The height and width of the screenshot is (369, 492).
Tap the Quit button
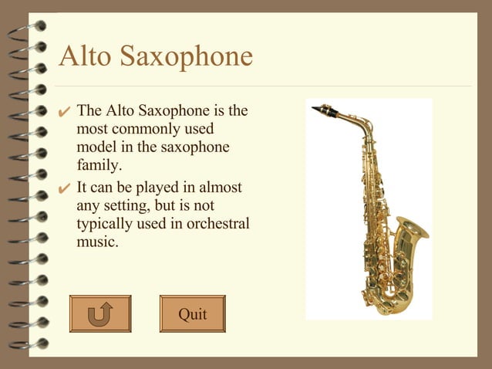click(x=193, y=313)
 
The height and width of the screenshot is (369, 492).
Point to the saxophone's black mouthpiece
click(x=329, y=112)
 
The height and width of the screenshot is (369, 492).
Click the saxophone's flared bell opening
click(x=412, y=228)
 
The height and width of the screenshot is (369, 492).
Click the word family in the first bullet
click(x=99, y=165)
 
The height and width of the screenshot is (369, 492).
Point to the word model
click(x=97, y=147)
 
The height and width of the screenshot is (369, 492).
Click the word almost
click(x=219, y=188)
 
